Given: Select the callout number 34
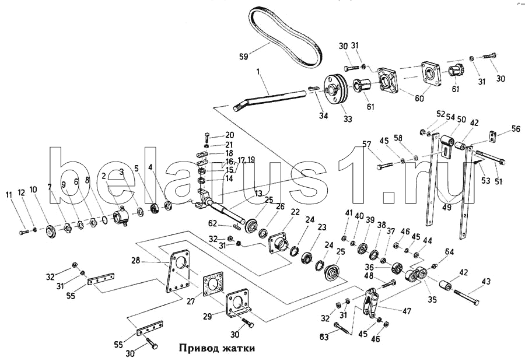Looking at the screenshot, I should point(323,115).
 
